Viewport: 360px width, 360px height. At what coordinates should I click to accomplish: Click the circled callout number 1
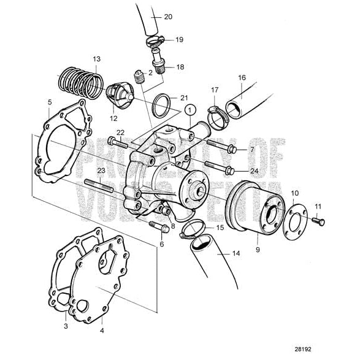[190, 111]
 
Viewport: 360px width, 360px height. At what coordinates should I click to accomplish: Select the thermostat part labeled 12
[117, 95]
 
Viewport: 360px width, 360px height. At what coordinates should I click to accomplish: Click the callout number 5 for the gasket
[49, 102]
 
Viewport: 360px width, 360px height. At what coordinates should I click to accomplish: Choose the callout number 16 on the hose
[242, 79]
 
